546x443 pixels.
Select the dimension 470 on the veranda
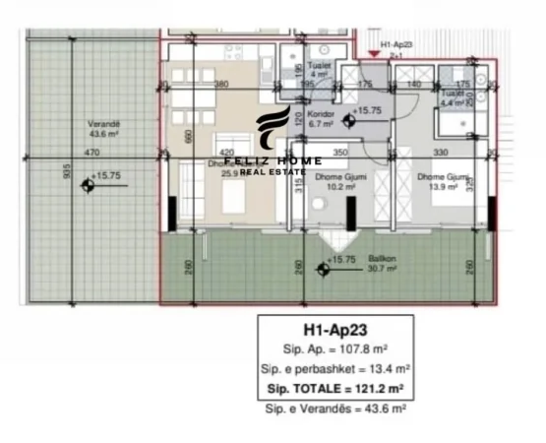(x=92, y=154)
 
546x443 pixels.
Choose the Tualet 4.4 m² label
(x=457, y=98)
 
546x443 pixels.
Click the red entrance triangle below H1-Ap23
(x=371, y=53)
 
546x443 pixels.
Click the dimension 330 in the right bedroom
(x=440, y=154)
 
